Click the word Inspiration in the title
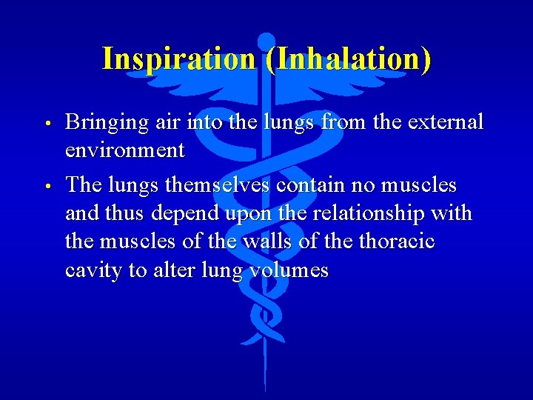click(178, 59)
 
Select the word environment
click(124, 150)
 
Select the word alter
click(172, 271)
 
